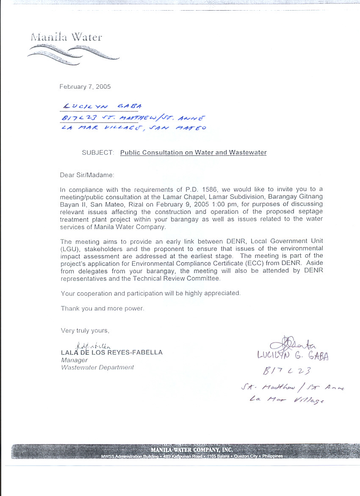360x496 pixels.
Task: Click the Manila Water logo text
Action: pyautogui.click(x=66, y=37)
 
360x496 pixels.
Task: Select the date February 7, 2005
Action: pyautogui.click(x=85, y=86)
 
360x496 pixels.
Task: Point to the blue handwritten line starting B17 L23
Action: pyautogui.click(x=133, y=118)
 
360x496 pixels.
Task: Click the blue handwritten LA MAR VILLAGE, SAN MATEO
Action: pyautogui.click(x=134, y=128)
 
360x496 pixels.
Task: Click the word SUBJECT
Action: pyautogui.click(x=97, y=153)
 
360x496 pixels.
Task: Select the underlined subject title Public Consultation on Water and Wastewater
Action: pyautogui.click(x=193, y=153)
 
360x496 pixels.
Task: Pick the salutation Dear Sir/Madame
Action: pyautogui.click(x=87, y=175)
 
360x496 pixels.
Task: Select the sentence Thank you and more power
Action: pyautogui.click(x=102, y=308)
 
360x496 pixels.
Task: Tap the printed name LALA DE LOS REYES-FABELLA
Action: pyautogui.click(x=111, y=352)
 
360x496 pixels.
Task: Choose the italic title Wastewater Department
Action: pyautogui.click(x=97, y=367)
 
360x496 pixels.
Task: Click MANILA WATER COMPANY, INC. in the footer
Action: pyautogui.click(x=191, y=449)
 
